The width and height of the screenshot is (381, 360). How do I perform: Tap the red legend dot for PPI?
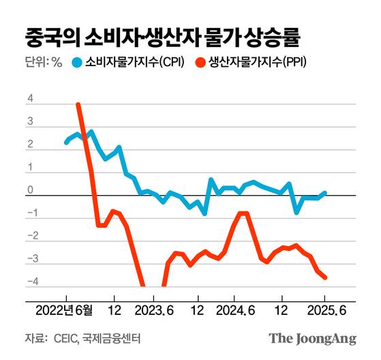(199, 63)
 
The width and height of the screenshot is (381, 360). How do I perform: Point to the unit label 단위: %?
(43, 63)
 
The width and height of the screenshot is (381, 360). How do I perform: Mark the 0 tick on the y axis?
(29, 191)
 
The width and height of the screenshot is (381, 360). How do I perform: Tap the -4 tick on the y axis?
(28, 282)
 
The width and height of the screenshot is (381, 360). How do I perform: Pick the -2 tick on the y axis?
(28, 237)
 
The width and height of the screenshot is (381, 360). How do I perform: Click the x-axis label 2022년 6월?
(65, 307)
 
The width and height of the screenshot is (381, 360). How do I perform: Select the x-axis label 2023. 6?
(155, 307)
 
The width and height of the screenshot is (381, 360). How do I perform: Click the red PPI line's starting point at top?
(78, 105)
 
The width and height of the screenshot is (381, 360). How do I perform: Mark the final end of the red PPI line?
(325, 277)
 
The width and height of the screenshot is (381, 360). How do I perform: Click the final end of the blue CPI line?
(325, 193)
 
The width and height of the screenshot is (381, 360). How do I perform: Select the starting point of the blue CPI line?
(66, 142)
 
